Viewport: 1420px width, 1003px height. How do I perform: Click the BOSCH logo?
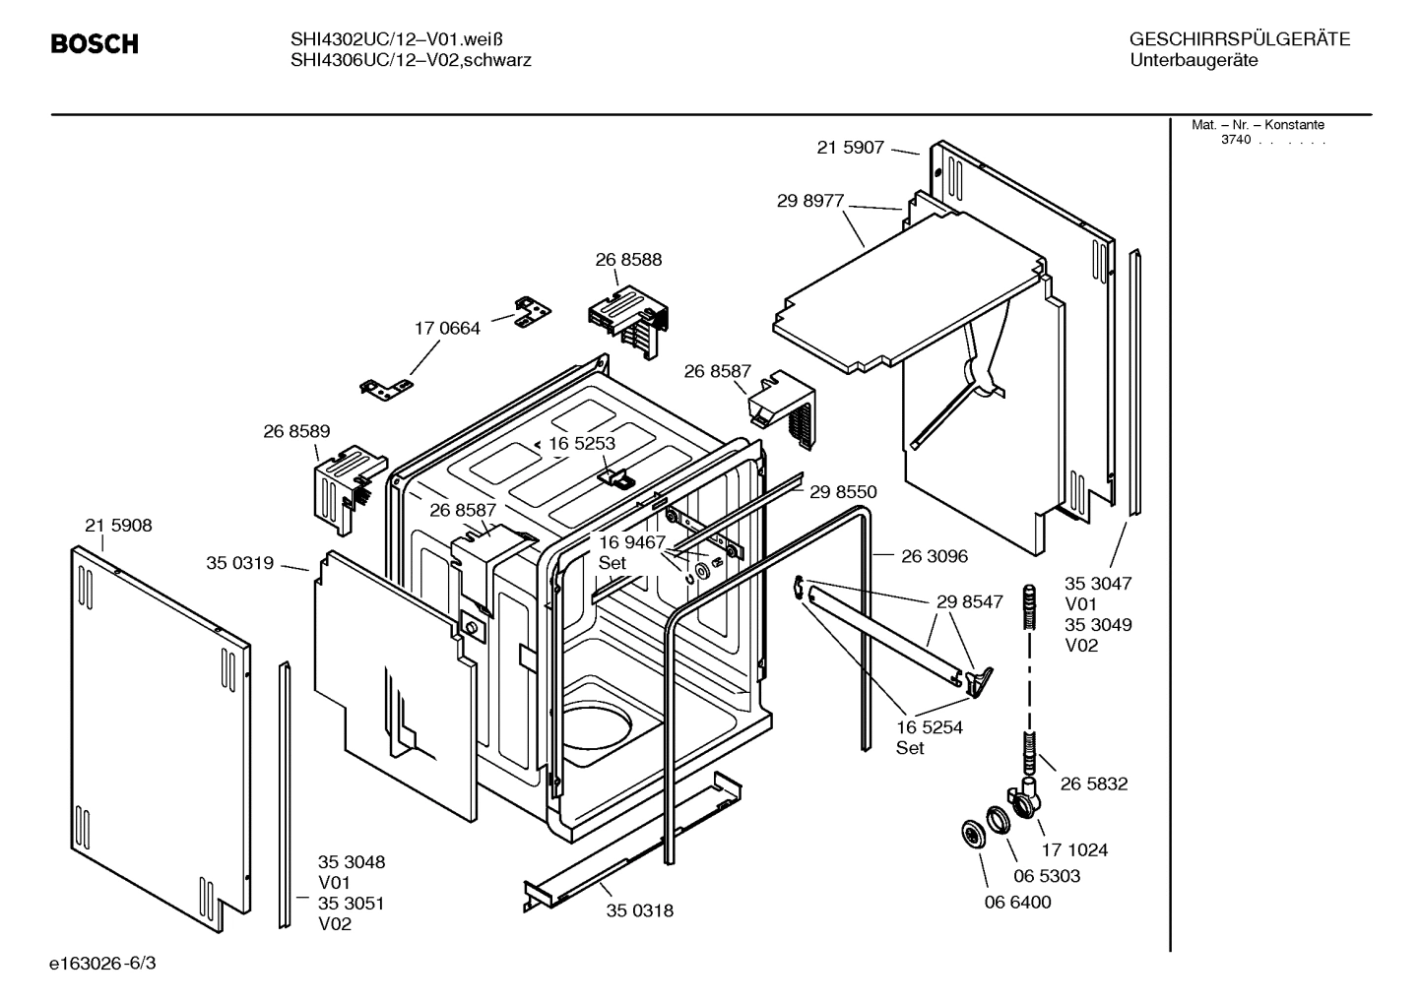click(x=95, y=44)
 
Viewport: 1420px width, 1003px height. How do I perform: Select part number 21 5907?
click(x=850, y=148)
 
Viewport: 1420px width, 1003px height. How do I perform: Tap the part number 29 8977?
click(x=810, y=201)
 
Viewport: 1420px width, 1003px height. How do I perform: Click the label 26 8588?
click(x=628, y=260)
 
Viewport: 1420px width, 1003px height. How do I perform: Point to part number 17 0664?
click(x=447, y=329)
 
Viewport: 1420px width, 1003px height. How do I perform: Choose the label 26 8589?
click(x=296, y=431)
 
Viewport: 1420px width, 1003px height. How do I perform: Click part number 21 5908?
click(x=118, y=526)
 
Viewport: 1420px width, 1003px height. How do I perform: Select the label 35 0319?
click(x=239, y=563)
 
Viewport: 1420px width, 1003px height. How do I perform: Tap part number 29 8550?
click(x=843, y=491)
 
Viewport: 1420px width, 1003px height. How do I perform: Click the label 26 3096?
click(x=935, y=556)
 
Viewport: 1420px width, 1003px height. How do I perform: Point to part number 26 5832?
click(x=1094, y=784)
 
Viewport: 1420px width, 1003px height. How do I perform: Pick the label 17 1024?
click(x=1074, y=850)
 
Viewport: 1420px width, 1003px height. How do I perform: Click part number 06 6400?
click(x=1017, y=903)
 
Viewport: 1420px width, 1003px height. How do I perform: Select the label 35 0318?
click(x=640, y=910)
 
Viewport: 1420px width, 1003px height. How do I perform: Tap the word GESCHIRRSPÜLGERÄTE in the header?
click(x=1239, y=40)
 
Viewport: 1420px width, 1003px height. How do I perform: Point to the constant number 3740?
click(x=1235, y=140)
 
